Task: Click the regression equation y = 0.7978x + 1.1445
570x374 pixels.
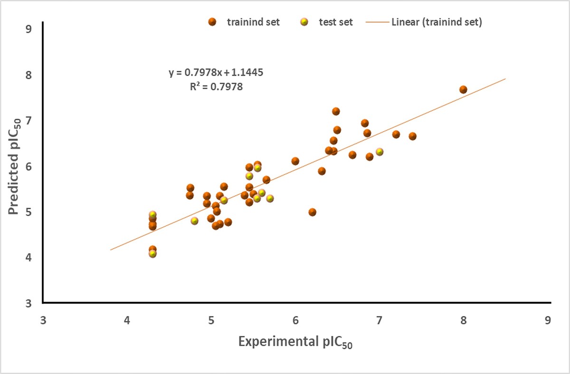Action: [x=216, y=73]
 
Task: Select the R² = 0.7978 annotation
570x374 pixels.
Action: [x=216, y=87]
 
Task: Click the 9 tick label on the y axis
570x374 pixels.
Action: [x=28, y=29]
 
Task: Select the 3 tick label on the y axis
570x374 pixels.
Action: [x=28, y=303]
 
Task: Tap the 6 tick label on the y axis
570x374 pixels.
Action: [x=28, y=166]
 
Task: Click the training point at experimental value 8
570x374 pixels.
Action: [x=463, y=90]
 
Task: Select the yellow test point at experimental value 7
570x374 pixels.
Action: [x=380, y=152]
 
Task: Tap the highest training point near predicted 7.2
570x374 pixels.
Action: [x=336, y=111]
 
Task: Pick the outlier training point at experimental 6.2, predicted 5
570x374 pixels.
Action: [x=312, y=212]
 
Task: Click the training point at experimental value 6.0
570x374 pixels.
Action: [x=295, y=161]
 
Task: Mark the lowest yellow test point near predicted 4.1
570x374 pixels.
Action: [x=152, y=254]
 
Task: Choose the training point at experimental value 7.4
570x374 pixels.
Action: [x=412, y=136]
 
